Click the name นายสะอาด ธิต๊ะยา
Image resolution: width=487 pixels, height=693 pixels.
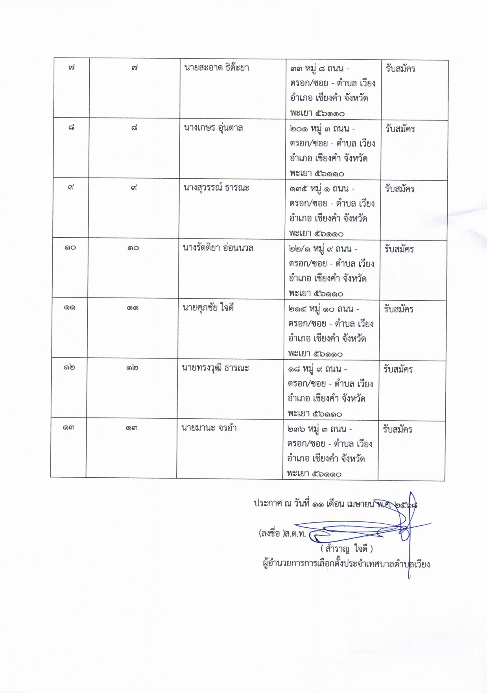(x=216, y=68)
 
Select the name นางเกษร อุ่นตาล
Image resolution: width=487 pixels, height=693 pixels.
(x=213, y=128)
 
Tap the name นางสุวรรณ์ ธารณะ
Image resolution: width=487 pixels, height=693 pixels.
(x=216, y=188)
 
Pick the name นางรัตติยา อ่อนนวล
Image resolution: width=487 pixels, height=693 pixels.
(x=218, y=248)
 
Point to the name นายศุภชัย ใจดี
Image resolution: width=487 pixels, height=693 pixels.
(x=208, y=308)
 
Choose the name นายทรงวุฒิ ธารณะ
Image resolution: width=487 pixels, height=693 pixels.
(x=215, y=368)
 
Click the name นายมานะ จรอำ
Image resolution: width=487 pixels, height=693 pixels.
(x=208, y=428)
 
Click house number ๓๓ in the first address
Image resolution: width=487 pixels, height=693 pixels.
(x=296, y=69)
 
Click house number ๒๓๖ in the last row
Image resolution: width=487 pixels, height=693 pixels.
(x=296, y=429)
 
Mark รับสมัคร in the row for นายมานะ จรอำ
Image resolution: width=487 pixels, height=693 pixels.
(x=398, y=429)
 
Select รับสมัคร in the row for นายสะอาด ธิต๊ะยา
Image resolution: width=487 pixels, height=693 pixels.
(x=400, y=69)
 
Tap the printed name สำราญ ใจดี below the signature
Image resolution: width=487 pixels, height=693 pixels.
(x=347, y=548)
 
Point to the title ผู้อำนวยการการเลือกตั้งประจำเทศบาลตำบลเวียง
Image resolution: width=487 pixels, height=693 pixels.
(x=346, y=564)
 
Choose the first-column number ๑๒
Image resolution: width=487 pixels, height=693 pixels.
(x=69, y=368)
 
